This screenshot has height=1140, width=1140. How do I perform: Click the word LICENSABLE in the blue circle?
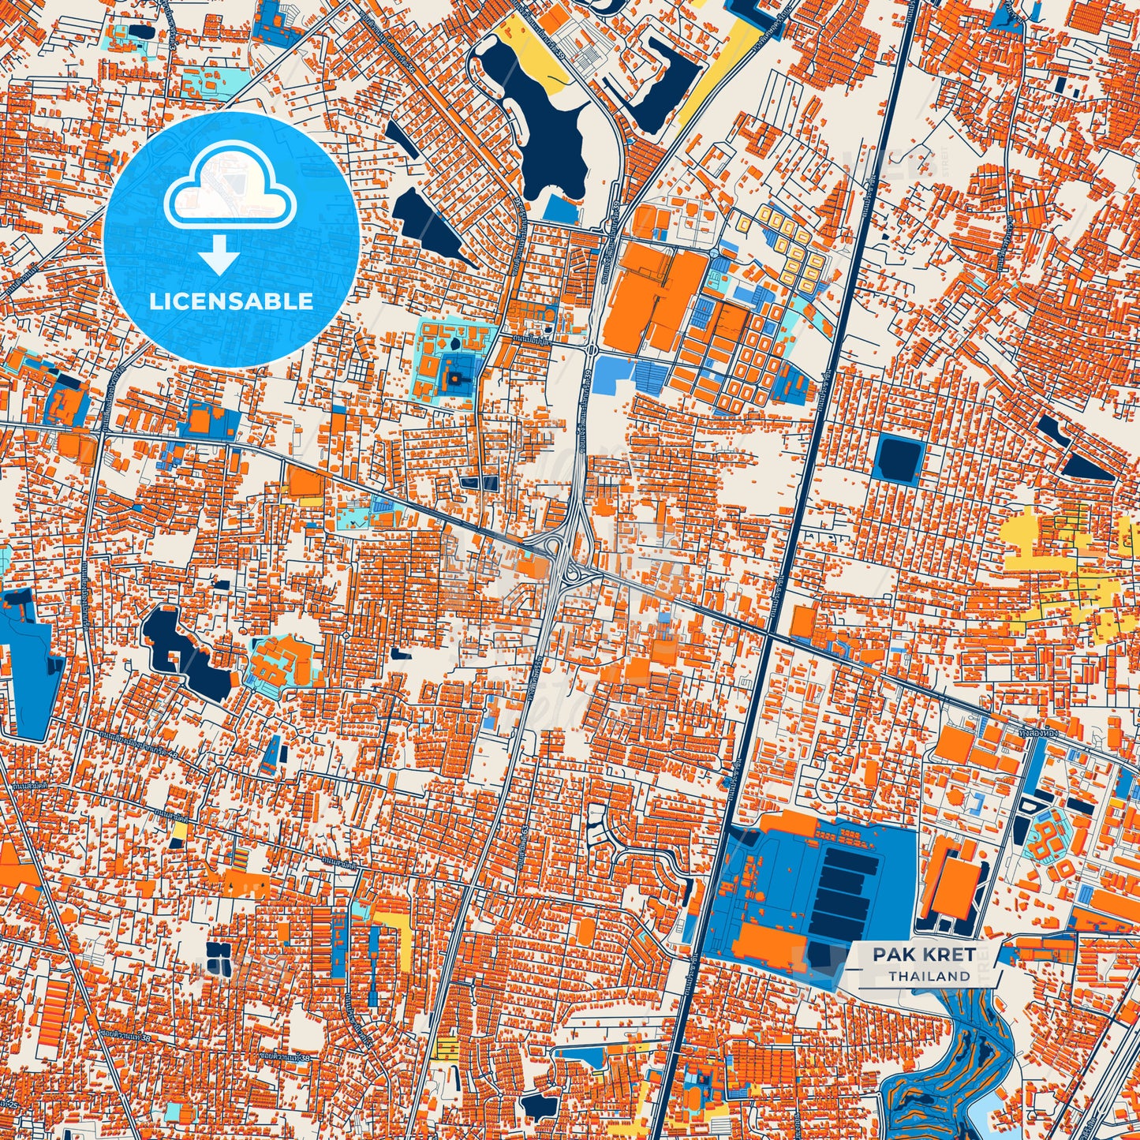(x=231, y=301)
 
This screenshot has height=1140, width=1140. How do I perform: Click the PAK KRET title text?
(x=923, y=955)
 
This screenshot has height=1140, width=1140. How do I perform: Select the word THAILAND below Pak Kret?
(x=929, y=976)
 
